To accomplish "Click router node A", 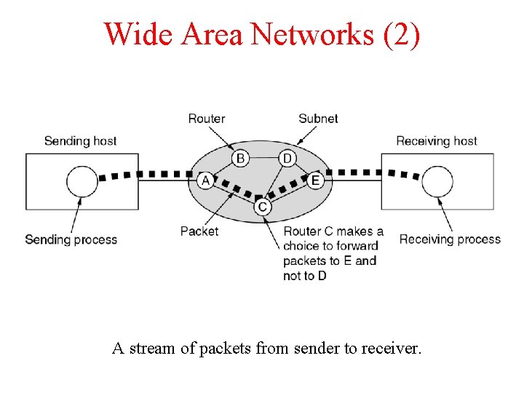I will [205, 180].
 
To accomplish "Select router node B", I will [240, 158].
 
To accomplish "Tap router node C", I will [263, 207].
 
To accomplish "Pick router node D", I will [287, 158].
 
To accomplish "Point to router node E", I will [315, 180].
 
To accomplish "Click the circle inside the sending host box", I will [82, 180].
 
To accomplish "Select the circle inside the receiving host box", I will [437, 180].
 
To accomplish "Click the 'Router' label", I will [207, 119].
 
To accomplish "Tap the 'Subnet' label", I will [318, 119].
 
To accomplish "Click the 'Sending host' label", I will [80, 140].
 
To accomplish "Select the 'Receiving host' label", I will [437, 140].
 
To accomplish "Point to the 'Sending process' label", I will [71, 239].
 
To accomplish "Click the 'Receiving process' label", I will [450, 239].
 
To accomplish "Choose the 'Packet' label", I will [199, 231].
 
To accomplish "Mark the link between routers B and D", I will [263, 158].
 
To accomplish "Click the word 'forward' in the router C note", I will [357, 246].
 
